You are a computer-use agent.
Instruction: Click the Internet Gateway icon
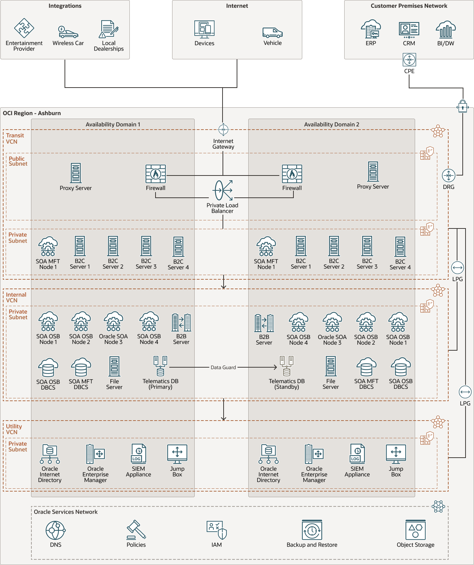pyautogui.click(x=223, y=130)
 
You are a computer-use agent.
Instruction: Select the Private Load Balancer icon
pyautogui.click(x=223, y=190)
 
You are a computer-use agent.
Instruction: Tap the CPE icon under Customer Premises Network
pyautogui.click(x=409, y=60)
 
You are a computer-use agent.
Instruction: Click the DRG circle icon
pyautogui.click(x=449, y=176)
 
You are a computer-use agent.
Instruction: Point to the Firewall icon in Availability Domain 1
pyautogui.click(x=156, y=174)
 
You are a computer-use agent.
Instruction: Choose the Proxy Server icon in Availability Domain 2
pyautogui.click(x=373, y=172)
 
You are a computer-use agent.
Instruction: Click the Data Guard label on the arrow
pyautogui.click(x=223, y=368)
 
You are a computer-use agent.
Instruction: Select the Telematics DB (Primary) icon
pyautogui.click(x=160, y=367)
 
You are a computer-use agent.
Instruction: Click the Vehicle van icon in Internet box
pyautogui.click(x=272, y=33)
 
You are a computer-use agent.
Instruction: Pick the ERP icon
pyautogui.click(x=371, y=29)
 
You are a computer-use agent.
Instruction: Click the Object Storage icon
pyautogui.click(x=415, y=530)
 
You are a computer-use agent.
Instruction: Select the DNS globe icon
pyautogui.click(x=56, y=530)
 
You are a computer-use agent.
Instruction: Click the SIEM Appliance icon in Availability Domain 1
pyautogui.click(x=139, y=454)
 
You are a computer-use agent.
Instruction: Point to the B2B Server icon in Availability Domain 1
pyautogui.click(x=181, y=322)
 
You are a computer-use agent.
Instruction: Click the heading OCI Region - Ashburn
pyautogui.click(x=32, y=113)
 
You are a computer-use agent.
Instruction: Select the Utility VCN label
pyautogui.click(x=14, y=429)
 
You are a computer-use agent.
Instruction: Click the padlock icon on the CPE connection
pyautogui.click(x=462, y=106)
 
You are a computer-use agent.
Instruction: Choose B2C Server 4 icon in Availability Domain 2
pyautogui.click(x=400, y=247)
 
